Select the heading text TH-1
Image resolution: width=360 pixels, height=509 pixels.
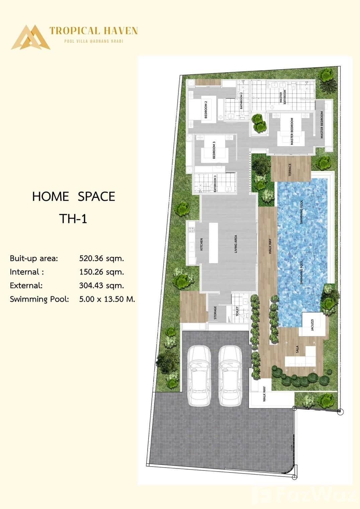point(73,218)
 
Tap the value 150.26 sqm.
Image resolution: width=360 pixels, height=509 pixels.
point(101,272)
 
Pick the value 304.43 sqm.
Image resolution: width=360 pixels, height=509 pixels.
point(101,286)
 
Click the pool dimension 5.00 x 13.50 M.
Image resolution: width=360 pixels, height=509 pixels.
point(107,299)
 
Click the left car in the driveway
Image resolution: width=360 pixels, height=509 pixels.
point(199,376)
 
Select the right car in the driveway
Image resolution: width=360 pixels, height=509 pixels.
point(230,376)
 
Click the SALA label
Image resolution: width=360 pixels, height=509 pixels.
point(297,350)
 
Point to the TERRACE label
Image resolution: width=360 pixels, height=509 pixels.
point(290,170)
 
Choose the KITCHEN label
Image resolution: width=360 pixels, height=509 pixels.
point(201,244)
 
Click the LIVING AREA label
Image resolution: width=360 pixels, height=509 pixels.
point(236,243)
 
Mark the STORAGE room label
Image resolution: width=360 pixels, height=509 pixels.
point(215,312)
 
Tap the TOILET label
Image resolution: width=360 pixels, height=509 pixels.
point(237,311)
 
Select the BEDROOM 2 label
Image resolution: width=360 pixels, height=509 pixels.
point(206,109)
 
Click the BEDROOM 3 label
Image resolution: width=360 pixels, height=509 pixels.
point(214,149)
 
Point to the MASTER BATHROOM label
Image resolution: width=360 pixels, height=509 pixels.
point(283,97)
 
